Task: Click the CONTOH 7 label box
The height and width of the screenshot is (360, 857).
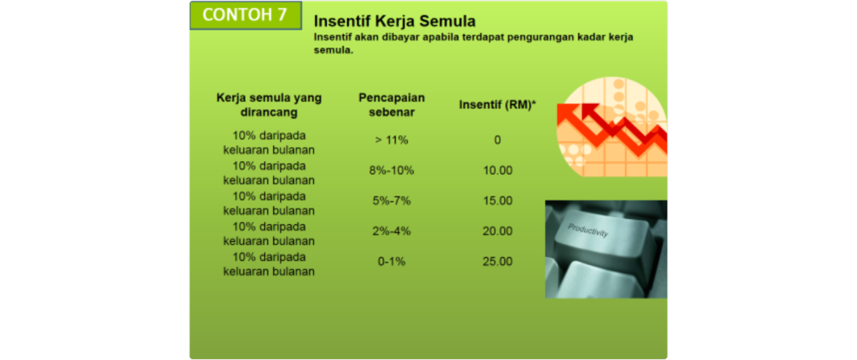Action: pyautogui.click(x=246, y=15)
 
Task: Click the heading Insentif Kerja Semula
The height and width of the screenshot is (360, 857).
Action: pyautogui.click(x=394, y=21)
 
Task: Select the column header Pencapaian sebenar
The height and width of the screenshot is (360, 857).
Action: pyautogui.click(x=391, y=105)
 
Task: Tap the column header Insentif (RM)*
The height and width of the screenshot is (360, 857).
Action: pyautogui.click(x=497, y=106)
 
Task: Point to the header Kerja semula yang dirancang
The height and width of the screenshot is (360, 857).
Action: pyautogui.click(x=269, y=105)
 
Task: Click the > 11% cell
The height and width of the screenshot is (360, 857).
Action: pyautogui.click(x=391, y=140)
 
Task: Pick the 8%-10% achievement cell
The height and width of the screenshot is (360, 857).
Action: pyautogui.click(x=391, y=171)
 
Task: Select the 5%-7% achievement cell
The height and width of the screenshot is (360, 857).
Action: pyautogui.click(x=391, y=201)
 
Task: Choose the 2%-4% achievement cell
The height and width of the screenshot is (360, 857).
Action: pyautogui.click(x=391, y=232)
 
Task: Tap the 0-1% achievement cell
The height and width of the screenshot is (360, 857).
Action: pyautogui.click(x=391, y=262)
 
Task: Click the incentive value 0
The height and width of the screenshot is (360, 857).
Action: pyautogui.click(x=498, y=140)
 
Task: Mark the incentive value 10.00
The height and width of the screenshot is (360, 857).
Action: pyautogui.click(x=498, y=171)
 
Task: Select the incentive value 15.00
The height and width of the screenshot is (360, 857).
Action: pyautogui.click(x=498, y=201)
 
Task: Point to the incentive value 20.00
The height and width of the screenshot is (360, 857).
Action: pyautogui.click(x=498, y=232)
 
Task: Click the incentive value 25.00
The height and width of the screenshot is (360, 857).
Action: pyautogui.click(x=498, y=262)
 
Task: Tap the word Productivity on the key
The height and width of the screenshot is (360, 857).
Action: pyautogui.click(x=588, y=230)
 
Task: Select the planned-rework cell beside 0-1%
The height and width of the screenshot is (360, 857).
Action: pyautogui.click(x=269, y=264)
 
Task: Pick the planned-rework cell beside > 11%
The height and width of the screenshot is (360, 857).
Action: pyautogui.click(x=269, y=142)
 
